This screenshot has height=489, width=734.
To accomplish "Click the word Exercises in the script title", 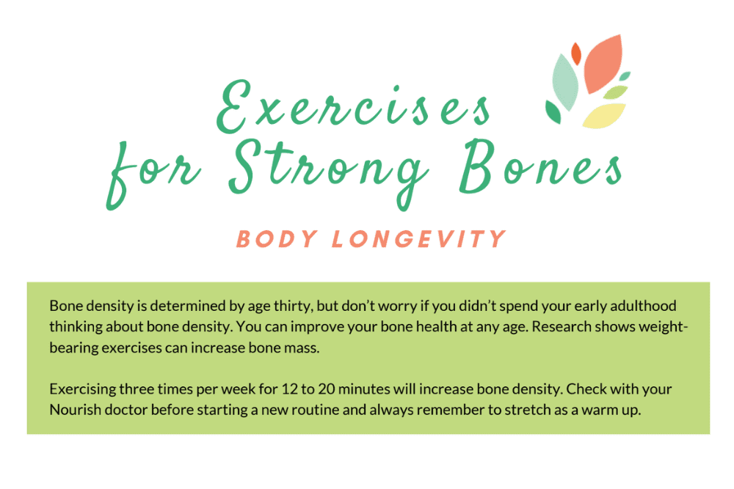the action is [x=354, y=106].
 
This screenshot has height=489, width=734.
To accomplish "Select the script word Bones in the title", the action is [x=541, y=166].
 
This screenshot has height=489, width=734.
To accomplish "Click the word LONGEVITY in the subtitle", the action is [x=418, y=239].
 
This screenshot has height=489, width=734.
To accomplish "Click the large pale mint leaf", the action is [x=565, y=82].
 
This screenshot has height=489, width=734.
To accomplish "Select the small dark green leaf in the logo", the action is [x=553, y=112].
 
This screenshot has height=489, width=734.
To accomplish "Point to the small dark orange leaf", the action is [x=576, y=54].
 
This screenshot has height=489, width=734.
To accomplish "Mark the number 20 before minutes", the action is [x=327, y=389].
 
